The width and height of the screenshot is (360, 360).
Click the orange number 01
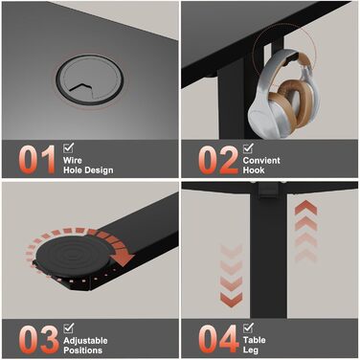pos(37,160)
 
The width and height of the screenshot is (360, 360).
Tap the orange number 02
pos(218,160)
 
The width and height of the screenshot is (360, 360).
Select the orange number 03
pos(38,340)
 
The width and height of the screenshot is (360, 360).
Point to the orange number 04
pos(218,339)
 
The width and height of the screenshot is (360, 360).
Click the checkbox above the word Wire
pos(68,147)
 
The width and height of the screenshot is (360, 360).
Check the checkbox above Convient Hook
pos(248,148)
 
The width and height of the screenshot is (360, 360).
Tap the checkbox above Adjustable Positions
pos(68,328)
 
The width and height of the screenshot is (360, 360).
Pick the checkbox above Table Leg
pos(248,327)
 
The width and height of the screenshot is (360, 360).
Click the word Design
pos(98,170)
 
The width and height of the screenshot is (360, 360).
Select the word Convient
pos(261,160)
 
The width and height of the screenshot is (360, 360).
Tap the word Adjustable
pos(85,341)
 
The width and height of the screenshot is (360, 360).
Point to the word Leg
pos(251,350)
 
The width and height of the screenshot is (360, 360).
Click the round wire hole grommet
pos(90,79)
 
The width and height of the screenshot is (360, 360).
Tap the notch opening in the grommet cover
pos(82,89)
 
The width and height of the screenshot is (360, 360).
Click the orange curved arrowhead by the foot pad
pos(124,258)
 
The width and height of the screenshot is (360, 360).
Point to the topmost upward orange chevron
pos(305,208)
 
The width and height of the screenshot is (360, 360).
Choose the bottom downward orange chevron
pos(231,300)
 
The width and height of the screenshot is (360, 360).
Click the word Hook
pos(254,170)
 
